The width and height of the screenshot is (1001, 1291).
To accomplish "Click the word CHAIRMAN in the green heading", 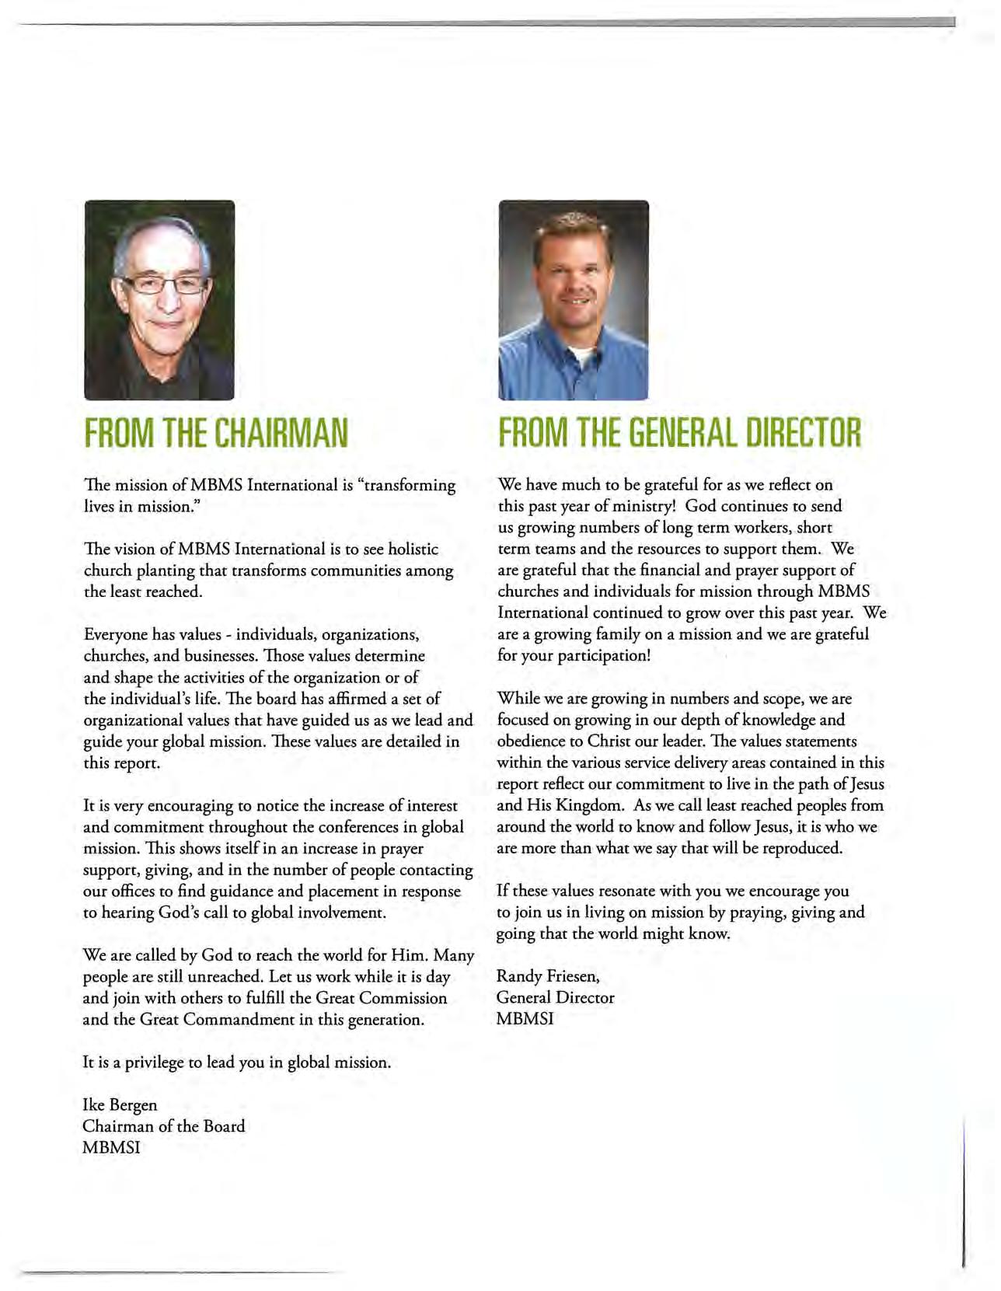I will (281, 433).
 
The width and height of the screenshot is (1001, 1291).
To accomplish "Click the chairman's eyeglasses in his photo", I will (165, 284).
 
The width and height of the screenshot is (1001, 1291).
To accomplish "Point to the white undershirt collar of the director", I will (578, 357).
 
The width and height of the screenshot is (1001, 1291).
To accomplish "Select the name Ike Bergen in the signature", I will (120, 1105).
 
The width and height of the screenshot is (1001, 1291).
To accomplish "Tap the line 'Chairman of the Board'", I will (164, 1126).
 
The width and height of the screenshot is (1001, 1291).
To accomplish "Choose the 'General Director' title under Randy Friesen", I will (555, 998).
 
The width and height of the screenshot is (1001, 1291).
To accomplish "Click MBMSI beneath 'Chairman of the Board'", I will (111, 1148).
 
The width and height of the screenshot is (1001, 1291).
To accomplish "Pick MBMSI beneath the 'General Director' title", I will (525, 1019).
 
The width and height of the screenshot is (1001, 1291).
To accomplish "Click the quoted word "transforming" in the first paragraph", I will (409, 486).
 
